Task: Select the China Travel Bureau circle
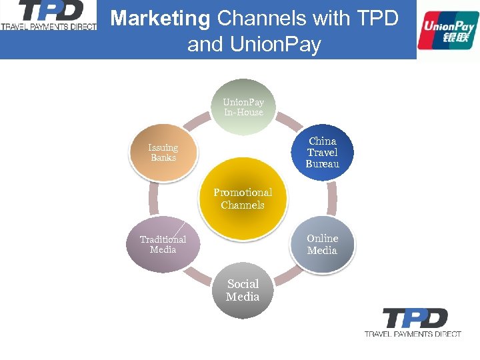323,153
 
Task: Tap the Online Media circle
323,245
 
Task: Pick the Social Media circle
243,291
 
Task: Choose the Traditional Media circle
163,245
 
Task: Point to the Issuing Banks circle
163,153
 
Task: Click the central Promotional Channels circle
243,199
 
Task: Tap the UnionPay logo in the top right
448,30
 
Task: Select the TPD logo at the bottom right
413,322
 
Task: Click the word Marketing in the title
160,18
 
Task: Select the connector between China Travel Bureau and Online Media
332,199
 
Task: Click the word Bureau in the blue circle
323,164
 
